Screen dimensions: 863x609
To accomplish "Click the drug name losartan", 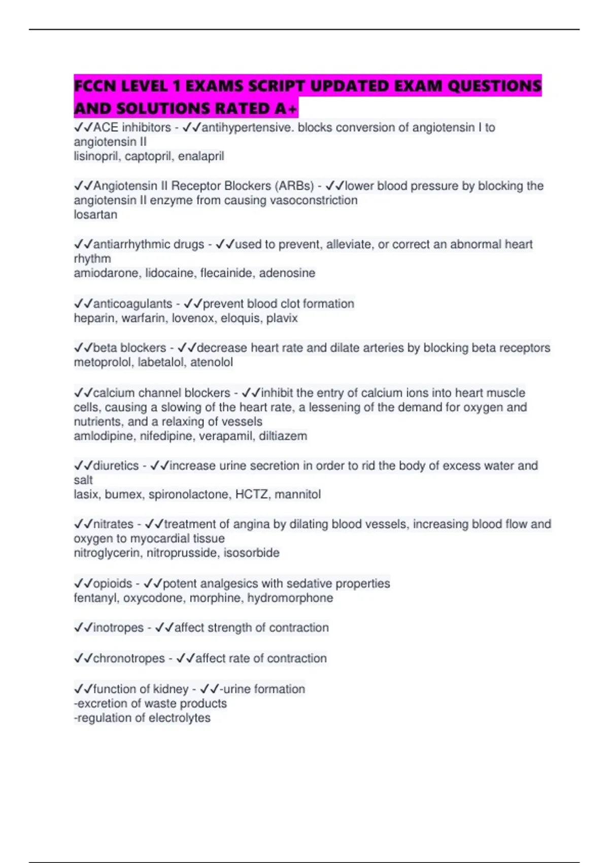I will [95, 215].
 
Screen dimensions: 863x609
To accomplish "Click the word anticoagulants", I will [132, 304].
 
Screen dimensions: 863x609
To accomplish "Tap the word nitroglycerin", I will [107, 553].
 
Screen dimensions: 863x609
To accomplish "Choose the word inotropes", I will [118, 628].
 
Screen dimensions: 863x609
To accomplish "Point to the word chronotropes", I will [129, 658].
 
